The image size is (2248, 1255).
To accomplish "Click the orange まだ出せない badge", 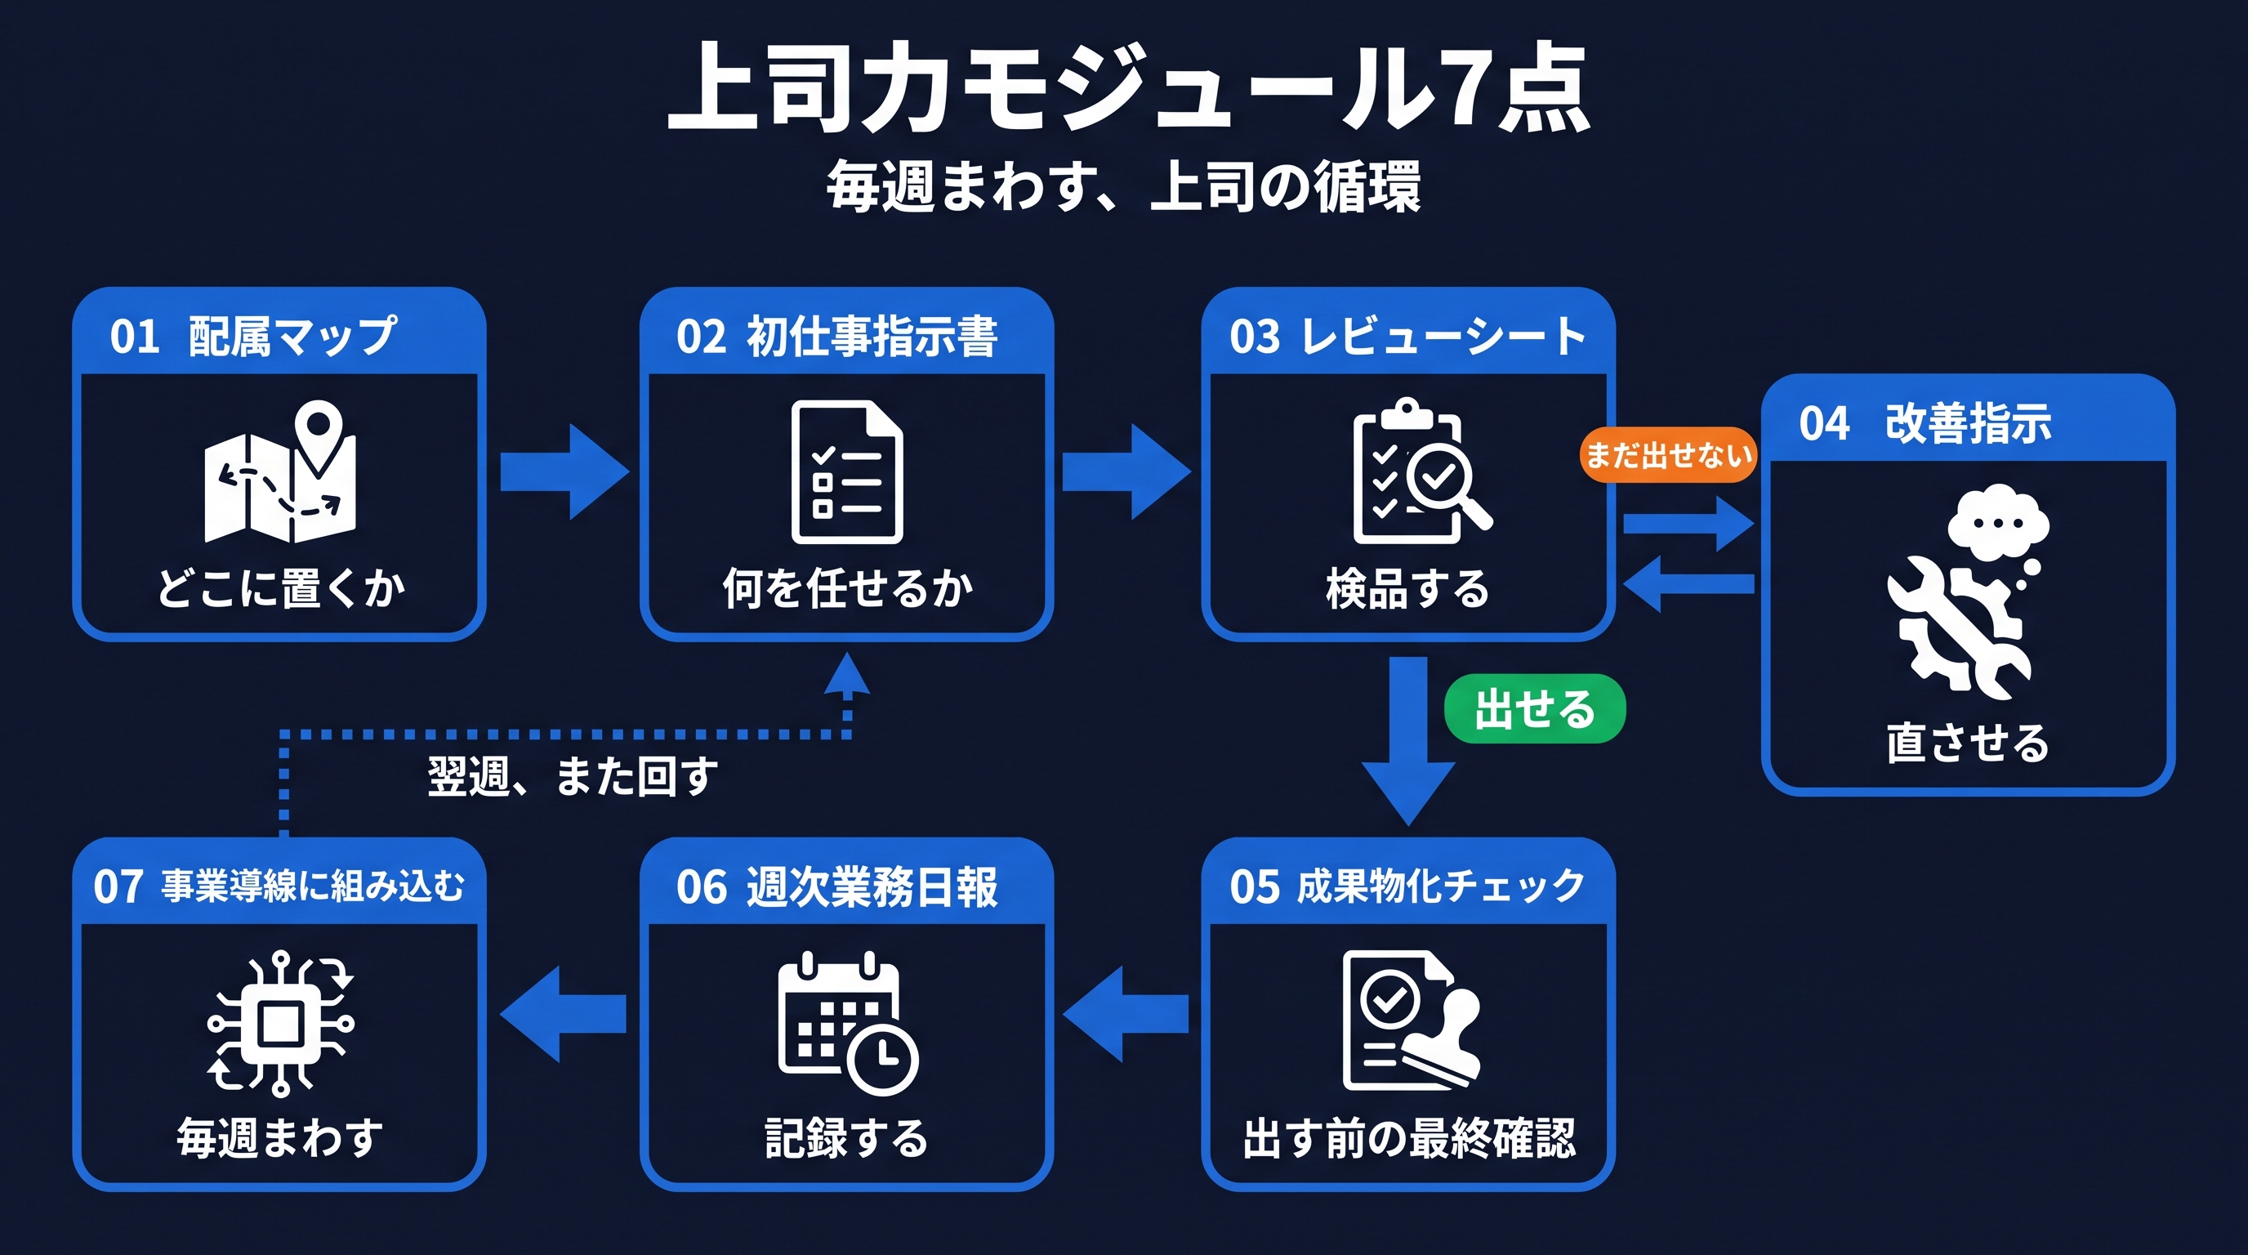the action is (1666, 455).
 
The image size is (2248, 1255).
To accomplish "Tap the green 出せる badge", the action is (1534, 708).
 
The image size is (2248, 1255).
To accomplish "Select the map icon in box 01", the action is (280, 471).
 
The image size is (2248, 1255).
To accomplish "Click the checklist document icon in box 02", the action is (846, 471).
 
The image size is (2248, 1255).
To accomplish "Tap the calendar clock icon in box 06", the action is (847, 1023).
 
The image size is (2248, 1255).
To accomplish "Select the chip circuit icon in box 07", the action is (280, 1023).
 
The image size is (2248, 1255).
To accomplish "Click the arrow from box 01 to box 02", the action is (564, 471).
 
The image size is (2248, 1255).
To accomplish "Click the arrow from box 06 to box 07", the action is (564, 1013).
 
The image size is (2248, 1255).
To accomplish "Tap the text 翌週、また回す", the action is (573, 775).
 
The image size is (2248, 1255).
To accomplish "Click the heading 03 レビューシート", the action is (1407, 336).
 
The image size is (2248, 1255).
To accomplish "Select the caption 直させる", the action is (1967, 743).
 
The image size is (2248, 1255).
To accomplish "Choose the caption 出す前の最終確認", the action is (1408, 1137).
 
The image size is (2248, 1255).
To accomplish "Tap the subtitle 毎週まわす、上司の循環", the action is (1124, 186).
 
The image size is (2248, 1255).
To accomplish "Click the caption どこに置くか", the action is (280, 587).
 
